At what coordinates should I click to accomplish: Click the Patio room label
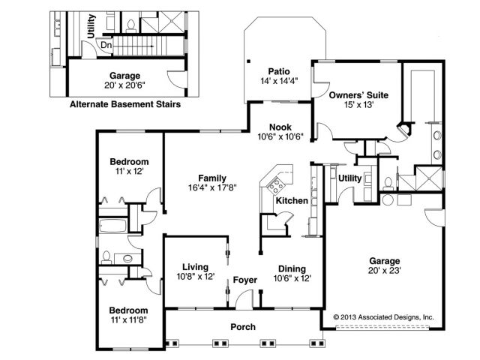point(279,71)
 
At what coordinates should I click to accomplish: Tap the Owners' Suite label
point(358,95)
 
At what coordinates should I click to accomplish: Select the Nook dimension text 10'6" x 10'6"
point(280,136)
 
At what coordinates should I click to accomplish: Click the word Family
point(212,178)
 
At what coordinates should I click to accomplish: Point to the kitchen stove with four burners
point(276,184)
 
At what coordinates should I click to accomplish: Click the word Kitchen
point(292,200)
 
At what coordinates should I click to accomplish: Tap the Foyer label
point(245,280)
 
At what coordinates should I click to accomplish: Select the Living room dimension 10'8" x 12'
point(196,277)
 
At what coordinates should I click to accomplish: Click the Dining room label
point(292,268)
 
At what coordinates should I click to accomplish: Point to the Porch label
point(243,327)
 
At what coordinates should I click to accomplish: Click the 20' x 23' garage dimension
point(385,270)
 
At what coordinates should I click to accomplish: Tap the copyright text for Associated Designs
point(383,317)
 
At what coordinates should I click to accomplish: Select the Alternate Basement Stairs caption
point(125,104)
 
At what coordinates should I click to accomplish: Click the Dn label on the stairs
point(106,45)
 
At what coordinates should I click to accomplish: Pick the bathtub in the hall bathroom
point(113,226)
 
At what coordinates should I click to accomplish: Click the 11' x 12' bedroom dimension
point(130,171)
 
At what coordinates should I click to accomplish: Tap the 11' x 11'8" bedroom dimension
point(129,320)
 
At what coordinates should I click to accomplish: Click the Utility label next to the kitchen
point(350,178)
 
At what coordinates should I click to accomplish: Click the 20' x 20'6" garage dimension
point(124,85)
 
